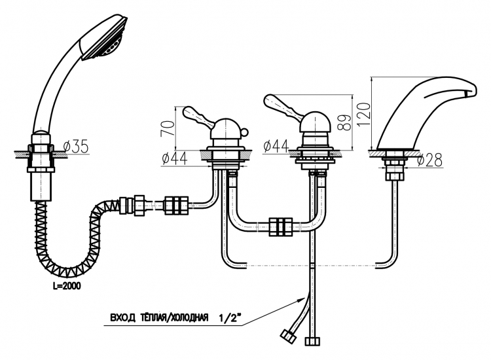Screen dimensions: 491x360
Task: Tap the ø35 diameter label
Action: point(76,146)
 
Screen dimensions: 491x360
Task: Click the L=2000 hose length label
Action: point(67,285)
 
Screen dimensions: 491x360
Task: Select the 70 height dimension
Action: point(168,128)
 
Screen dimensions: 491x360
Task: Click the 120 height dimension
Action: point(363,114)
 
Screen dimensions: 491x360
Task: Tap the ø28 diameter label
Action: point(430,160)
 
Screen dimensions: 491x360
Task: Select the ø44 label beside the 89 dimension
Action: point(276,145)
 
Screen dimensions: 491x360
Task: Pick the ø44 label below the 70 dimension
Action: point(175,158)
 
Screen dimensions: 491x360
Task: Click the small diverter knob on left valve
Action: point(244,132)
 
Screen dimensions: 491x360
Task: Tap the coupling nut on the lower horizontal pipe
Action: point(281,226)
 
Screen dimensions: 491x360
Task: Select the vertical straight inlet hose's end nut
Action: point(312,341)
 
